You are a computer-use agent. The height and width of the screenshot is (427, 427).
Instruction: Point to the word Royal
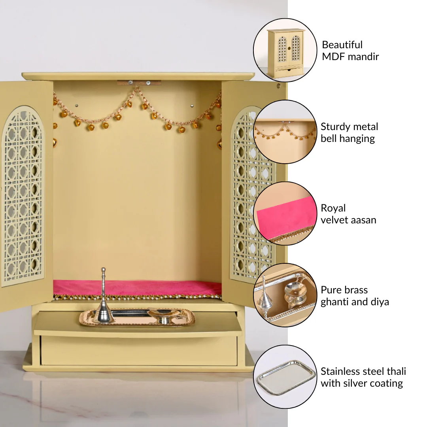tap(333, 208)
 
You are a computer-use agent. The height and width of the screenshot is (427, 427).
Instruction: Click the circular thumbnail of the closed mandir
tap(285, 50)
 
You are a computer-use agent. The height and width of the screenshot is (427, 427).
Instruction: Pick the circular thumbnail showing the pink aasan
tap(285, 213)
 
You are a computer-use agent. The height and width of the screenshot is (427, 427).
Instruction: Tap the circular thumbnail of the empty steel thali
tap(285, 377)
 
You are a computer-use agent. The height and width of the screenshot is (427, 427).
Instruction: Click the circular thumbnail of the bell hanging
tap(285, 132)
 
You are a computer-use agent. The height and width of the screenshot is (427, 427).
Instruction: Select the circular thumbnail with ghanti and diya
tap(285, 295)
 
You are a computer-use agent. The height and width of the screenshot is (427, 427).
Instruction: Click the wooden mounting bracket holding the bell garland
tap(139, 83)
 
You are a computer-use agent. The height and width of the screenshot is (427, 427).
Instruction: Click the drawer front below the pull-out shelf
tap(139, 350)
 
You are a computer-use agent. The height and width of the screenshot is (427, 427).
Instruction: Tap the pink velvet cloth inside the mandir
tap(137, 287)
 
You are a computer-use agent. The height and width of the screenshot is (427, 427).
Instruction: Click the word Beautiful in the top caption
tap(342, 45)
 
